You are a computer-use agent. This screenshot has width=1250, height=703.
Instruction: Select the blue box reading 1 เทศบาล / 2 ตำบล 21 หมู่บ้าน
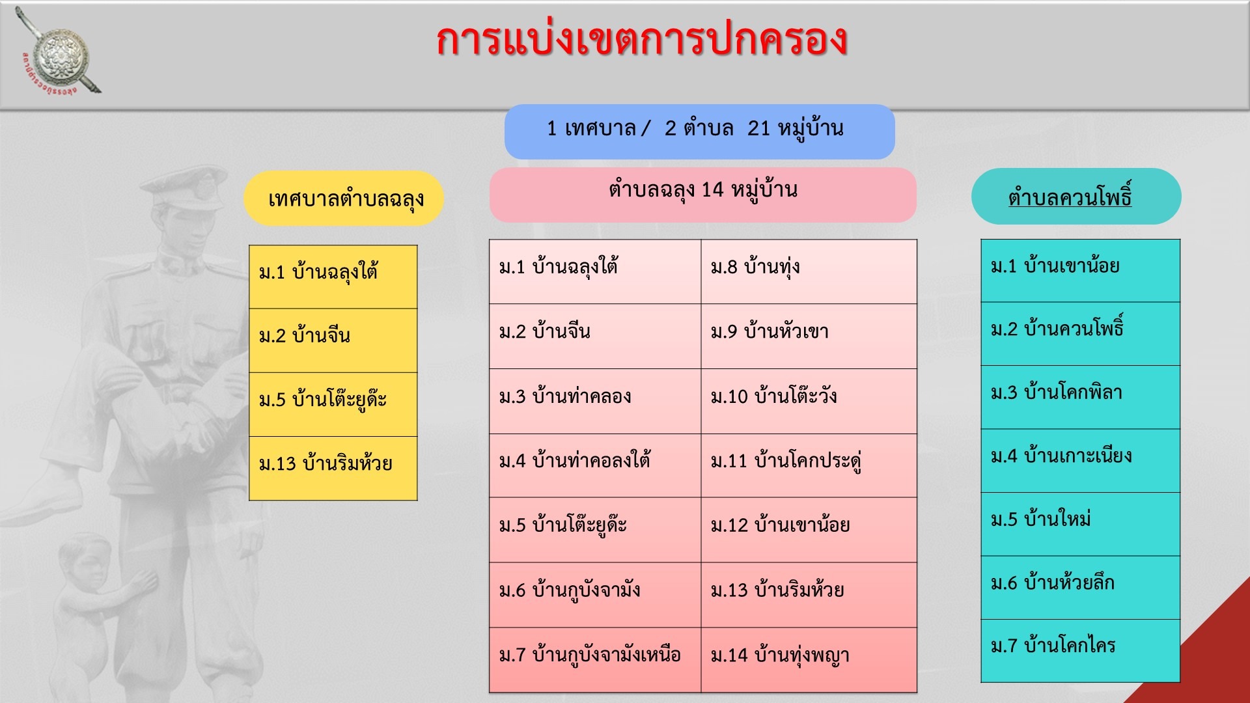point(699,131)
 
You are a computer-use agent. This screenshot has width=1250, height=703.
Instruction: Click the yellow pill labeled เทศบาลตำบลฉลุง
point(344,199)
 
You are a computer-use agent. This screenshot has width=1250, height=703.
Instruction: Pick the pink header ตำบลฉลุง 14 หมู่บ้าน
point(703,195)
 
